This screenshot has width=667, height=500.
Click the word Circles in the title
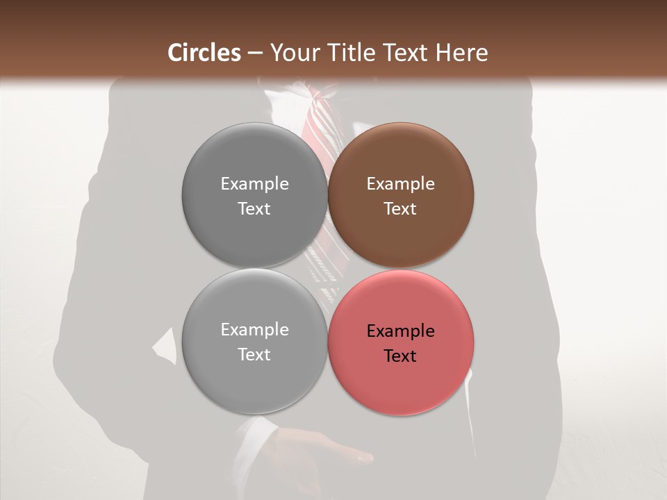tap(204, 53)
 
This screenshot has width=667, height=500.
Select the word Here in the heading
tap(462, 53)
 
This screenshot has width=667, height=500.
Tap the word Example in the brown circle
tap(401, 184)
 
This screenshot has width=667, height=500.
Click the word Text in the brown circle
tap(401, 209)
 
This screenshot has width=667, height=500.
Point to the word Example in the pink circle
tap(401, 331)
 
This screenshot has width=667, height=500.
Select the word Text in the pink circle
tap(401, 356)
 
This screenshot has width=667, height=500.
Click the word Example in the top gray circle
tap(255, 184)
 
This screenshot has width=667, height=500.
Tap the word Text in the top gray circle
tap(255, 209)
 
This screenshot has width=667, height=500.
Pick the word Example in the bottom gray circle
tap(255, 330)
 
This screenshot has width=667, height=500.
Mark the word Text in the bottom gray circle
tap(255, 355)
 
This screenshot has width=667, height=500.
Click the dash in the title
tap(255, 53)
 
